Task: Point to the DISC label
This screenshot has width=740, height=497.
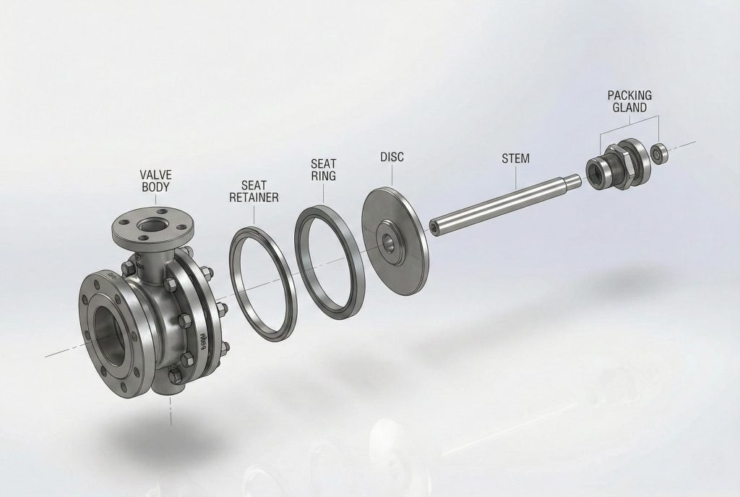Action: coord(390,157)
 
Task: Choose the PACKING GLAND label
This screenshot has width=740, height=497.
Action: coord(629,101)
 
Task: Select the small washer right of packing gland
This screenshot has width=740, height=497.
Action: coord(658,153)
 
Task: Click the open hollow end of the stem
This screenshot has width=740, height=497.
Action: coord(435,229)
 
